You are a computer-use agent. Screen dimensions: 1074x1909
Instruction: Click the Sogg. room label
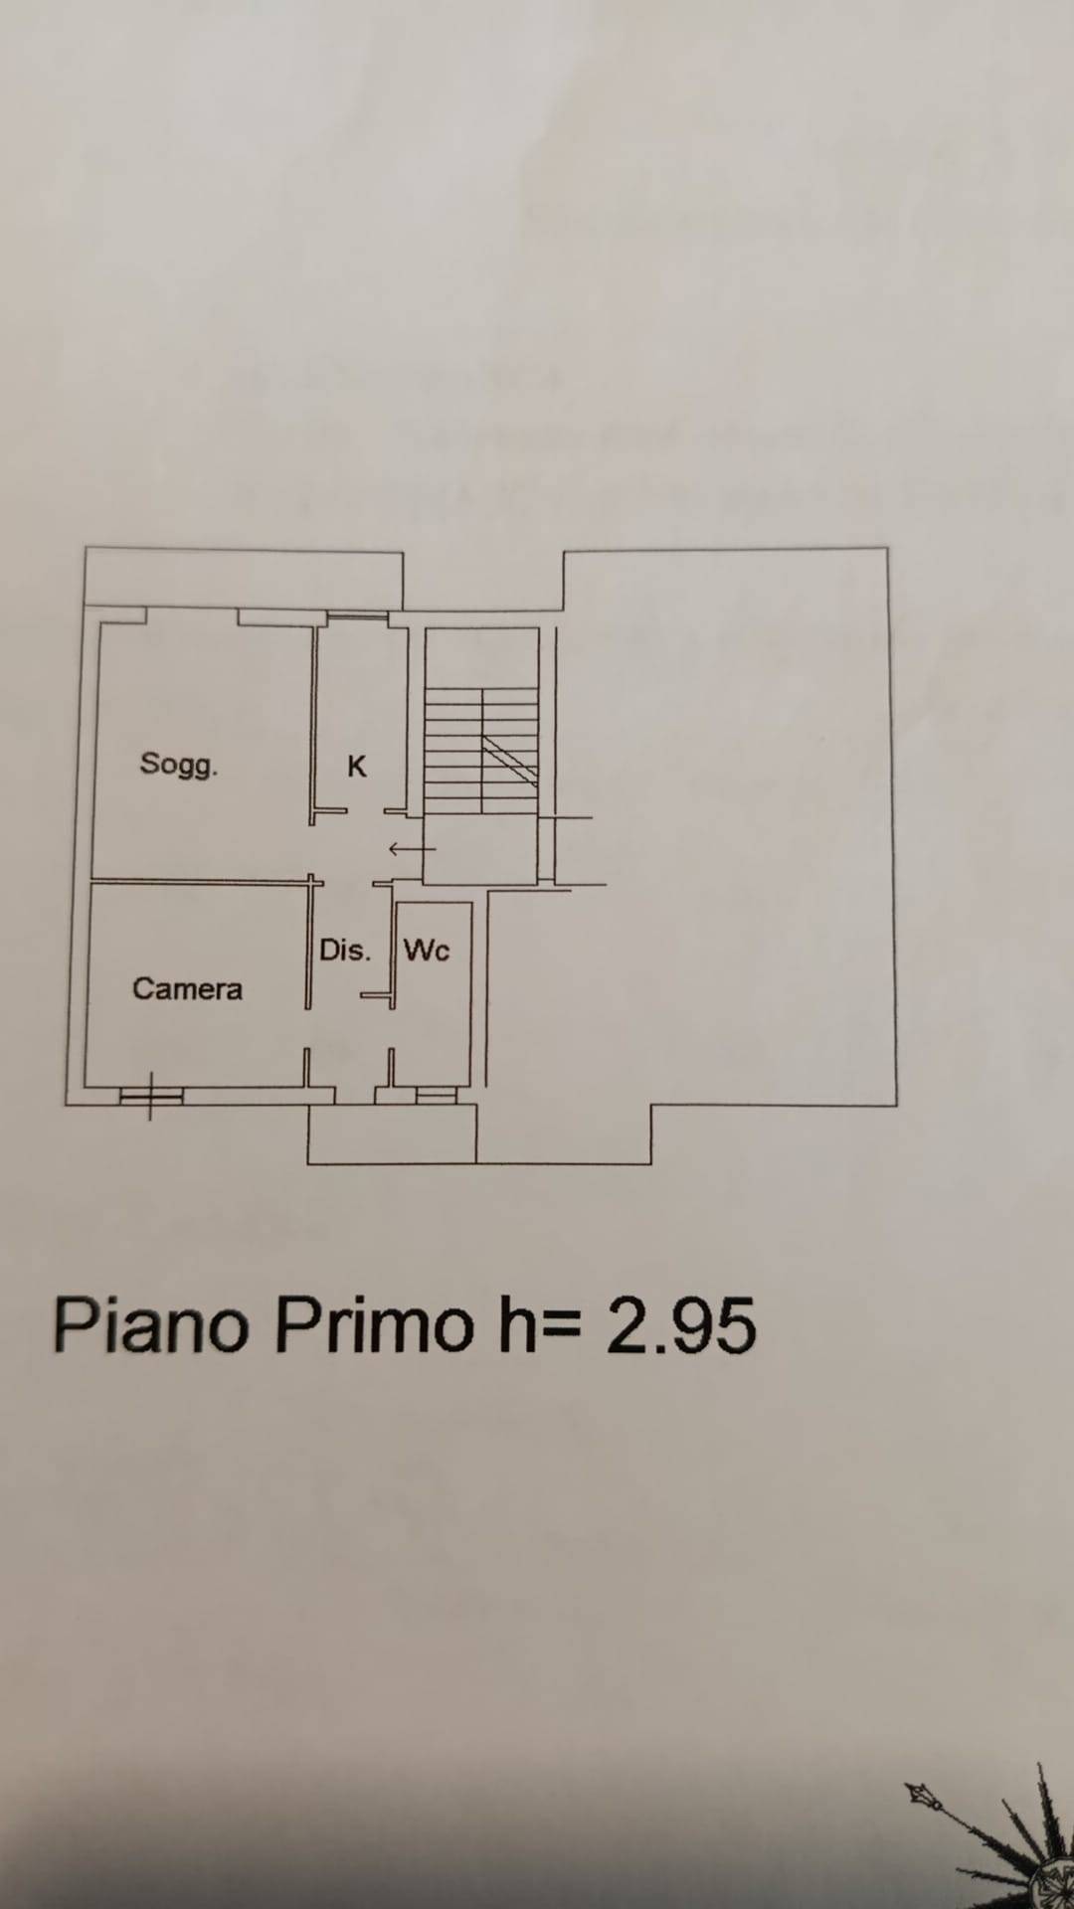179,765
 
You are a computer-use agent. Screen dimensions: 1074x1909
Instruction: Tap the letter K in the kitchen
357,767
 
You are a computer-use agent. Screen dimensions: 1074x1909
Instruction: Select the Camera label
187,989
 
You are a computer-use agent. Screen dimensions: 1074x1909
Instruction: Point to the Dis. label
345,951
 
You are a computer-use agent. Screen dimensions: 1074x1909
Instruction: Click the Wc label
427,951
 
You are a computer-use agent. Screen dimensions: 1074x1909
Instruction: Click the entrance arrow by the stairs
412,849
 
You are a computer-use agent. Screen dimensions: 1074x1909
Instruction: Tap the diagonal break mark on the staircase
510,762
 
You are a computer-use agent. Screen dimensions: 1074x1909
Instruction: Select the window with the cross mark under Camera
151,1096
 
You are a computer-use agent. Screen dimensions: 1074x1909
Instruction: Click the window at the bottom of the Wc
436,1095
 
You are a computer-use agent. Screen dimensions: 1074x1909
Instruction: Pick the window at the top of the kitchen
358,618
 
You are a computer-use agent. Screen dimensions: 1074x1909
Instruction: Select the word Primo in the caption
375,1326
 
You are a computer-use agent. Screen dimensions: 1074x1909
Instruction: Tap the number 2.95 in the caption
682,1326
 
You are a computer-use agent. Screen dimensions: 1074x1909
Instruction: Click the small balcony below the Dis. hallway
392,1133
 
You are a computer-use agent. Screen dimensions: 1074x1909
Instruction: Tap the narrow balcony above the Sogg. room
244,578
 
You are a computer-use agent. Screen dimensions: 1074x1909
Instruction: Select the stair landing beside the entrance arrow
480,848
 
